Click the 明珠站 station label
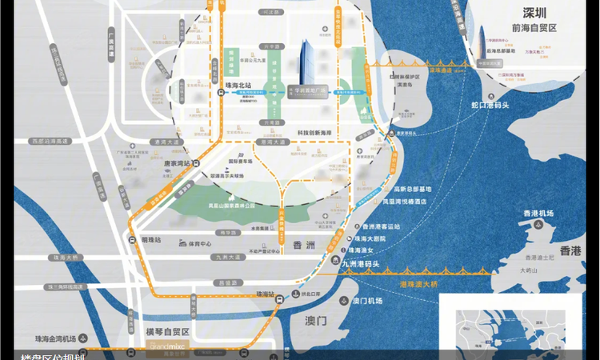coord(150,240)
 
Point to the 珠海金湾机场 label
coord(58,338)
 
